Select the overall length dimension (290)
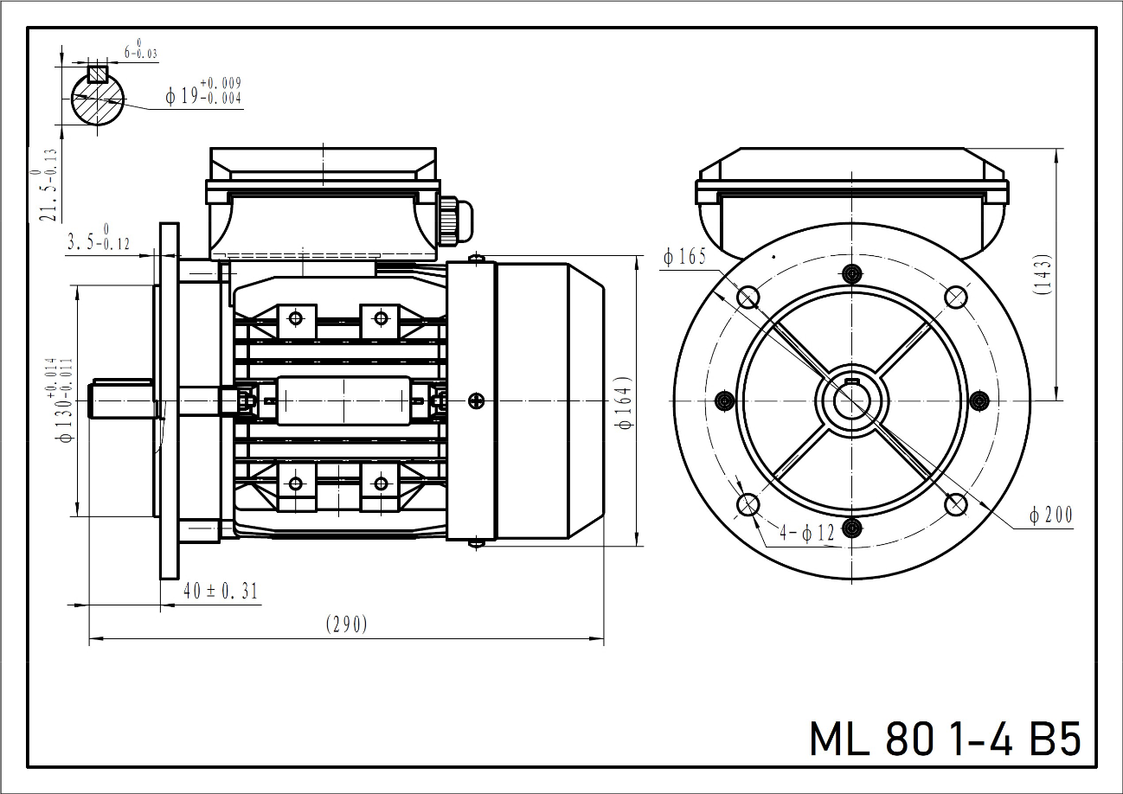pos(346,624)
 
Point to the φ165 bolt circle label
pos(685,256)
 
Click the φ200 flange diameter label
pos(1050,515)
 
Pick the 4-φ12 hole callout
pos(806,533)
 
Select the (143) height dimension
pos(1043,275)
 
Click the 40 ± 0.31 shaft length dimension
pos(221,591)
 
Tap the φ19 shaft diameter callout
pos(204,92)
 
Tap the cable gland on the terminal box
pos(456,221)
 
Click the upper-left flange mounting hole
pos(748,297)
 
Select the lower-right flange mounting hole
pos(955,503)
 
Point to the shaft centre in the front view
pos(852,400)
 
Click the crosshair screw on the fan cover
pos(475,400)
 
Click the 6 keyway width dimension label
pos(139,50)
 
